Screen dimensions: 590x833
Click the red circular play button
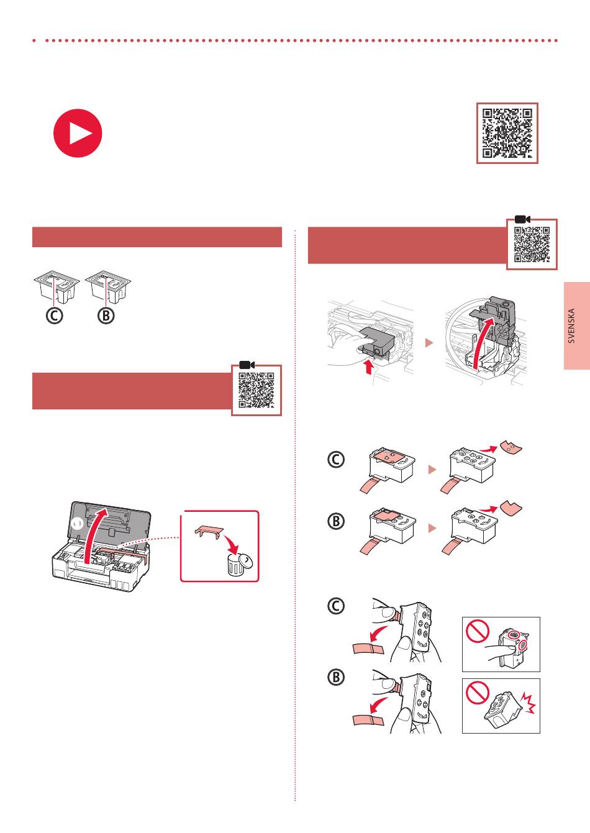coord(78,133)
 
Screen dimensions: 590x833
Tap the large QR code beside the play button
coord(507,133)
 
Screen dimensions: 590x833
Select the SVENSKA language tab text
coord(571,325)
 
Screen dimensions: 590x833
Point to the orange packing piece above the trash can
coord(209,532)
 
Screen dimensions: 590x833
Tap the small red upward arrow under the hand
coord(369,366)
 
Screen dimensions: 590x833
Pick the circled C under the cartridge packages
coord(54,316)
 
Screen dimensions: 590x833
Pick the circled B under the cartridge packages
coord(106,316)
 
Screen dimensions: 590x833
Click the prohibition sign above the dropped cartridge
coord(478,692)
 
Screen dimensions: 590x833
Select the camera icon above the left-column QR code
coord(247,365)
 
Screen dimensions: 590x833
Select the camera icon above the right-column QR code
coord(522,219)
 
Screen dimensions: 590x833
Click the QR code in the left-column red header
coord(256,390)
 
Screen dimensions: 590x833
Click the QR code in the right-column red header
coord(532,244)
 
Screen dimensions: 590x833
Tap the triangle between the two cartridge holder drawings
coord(429,342)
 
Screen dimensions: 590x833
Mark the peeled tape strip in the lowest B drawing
coord(368,721)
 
